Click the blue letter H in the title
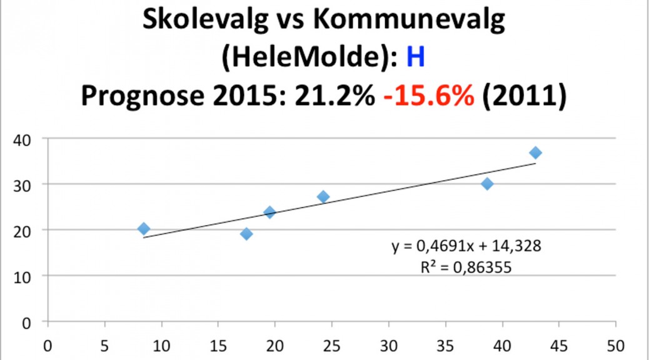click(416, 57)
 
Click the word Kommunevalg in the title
click(408, 19)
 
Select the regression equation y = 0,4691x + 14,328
click(466, 246)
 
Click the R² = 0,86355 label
click(466, 267)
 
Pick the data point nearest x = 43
click(536, 153)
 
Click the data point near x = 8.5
click(144, 229)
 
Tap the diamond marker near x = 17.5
click(246, 234)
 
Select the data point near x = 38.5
click(487, 184)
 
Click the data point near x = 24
click(323, 197)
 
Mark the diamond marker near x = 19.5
click(269, 212)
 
